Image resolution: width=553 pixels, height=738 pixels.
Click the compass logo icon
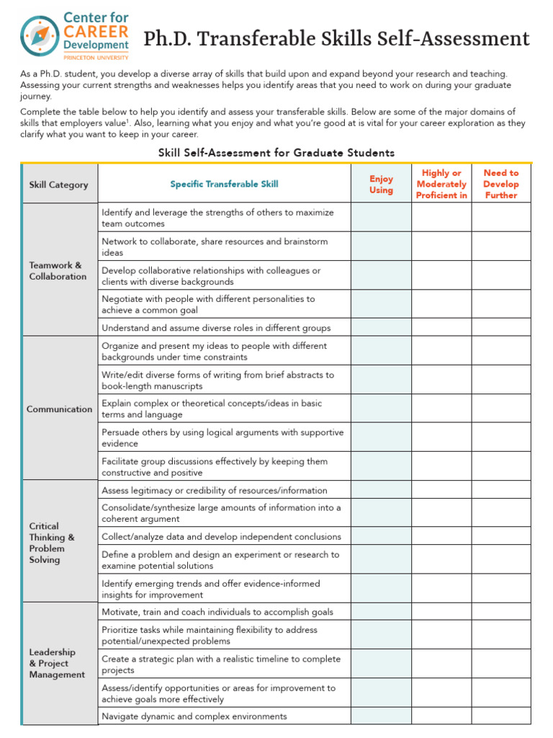(x=40, y=35)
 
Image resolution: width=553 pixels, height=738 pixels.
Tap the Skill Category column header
(x=58, y=184)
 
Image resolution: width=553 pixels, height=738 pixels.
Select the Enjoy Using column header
(x=381, y=184)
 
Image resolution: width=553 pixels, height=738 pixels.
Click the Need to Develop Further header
(x=500, y=184)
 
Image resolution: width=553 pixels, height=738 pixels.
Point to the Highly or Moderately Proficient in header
(x=441, y=184)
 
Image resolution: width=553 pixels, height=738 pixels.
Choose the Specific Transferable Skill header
(x=224, y=184)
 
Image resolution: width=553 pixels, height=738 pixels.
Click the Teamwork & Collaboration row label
(x=58, y=271)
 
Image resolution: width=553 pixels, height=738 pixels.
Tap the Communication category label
(x=59, y=409)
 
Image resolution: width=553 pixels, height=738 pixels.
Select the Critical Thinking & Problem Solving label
(x=52, y=543)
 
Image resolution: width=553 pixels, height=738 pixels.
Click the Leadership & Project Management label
(x=57, y=663)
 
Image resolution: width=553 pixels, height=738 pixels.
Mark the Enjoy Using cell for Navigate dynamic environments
(x=381, y=716)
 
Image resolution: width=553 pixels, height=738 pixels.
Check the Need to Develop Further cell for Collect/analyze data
(x=500, y=536)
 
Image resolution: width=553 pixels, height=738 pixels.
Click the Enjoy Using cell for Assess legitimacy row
(x=381, y=490)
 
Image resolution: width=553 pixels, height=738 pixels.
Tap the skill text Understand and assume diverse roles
(x=216, y=328)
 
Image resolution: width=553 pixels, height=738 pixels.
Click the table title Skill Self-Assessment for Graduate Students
(x=276, y=153)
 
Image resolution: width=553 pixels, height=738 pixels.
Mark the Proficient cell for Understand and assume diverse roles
(x=441, y=328)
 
